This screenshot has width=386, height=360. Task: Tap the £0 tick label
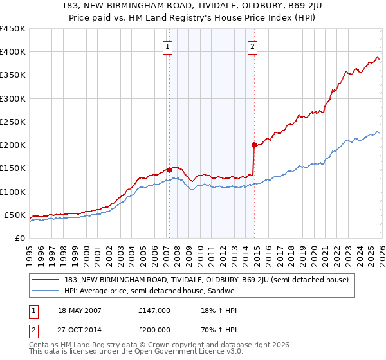click(x=19, y=238)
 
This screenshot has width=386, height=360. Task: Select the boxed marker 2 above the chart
click(x=253, y=46)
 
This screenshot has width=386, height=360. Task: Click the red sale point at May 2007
click(x=169, y=170)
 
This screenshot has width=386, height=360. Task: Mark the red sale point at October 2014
click(x=254, y=145)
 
